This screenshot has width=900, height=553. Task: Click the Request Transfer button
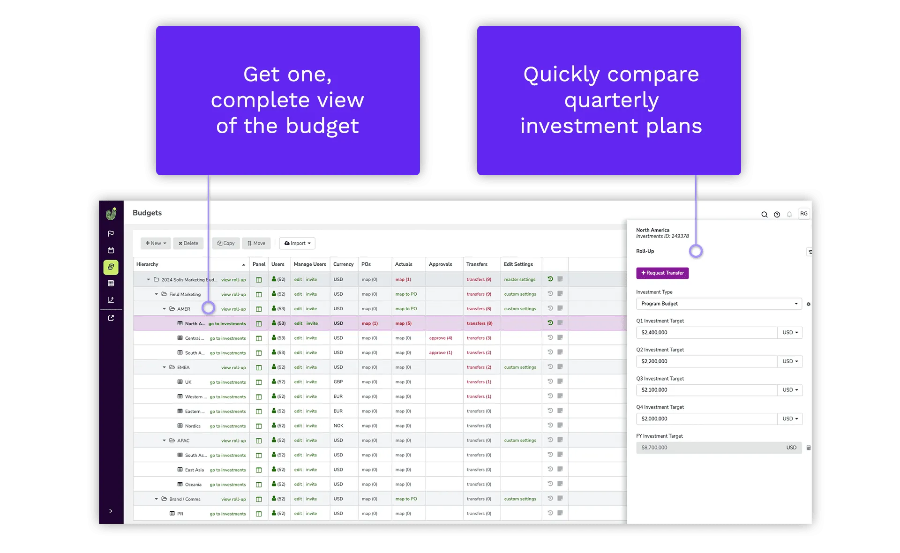pyautogui.click(x=662, y=273)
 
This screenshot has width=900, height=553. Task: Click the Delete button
pyautogui.click(x=188, y=243)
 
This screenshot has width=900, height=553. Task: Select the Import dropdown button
pyautogui.click(x=297, y=243)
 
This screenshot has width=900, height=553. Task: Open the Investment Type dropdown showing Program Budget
pyautogui.click(x=719, y=304)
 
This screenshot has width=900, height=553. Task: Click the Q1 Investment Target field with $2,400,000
pyautogui.click(x=707, y=333)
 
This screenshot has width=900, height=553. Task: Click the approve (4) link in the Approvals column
pyautogui.click(x=441, y=338)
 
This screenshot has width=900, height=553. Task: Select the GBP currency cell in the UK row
pyautogui.click(x=338, y=382)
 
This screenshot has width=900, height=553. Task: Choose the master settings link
pyautogui.click(x=520, y=280)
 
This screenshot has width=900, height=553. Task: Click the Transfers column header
pyautogui.click(x=477, y=264)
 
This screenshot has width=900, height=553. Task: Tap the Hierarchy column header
pyautogui.click(x=147, y=264)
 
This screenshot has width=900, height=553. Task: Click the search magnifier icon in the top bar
pyautogui.click(x=765, y=215)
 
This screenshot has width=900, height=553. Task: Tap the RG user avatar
pyautogui.click(x=804, y=214)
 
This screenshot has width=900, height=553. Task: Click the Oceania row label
pyautogui.click(x=193, y=485)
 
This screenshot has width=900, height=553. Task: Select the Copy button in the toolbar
pyautogui.click(x=226, y=243)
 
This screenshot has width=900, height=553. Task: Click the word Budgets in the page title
pyautogui.click(x=147, y=213)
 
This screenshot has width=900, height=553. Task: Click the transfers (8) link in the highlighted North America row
pyautogui.click(x=480, y=323)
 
